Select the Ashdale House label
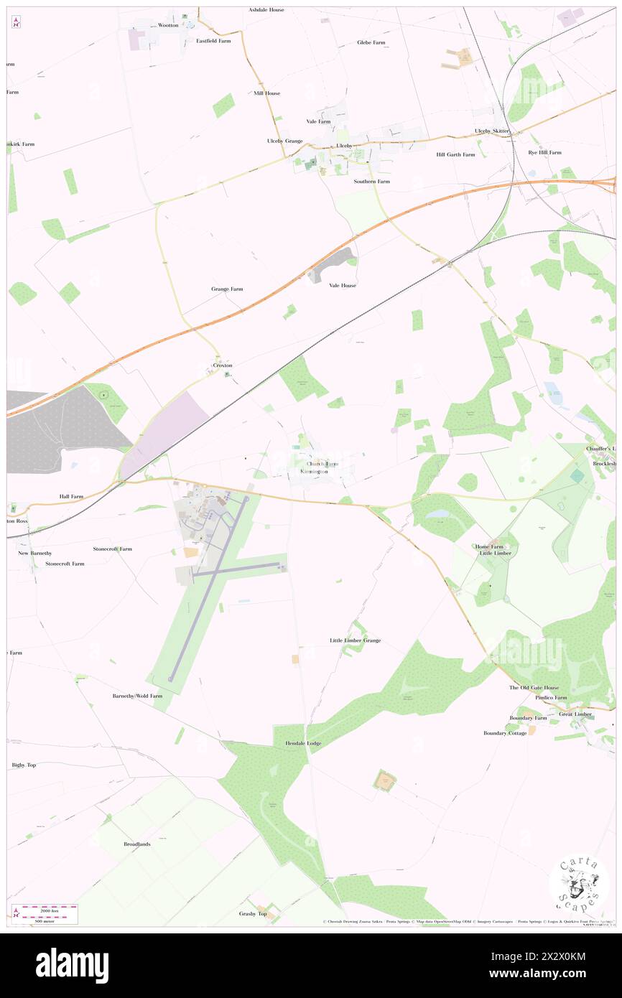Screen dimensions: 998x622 click(x=266, y=10)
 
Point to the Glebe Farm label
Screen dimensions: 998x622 click(x=371, y=42)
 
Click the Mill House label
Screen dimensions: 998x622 click(x=266, y=93)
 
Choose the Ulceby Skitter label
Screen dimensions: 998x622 click(x=492, y=131)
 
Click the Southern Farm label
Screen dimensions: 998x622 click(x=371, y=182)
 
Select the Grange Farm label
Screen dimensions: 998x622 click(x=227, y=289)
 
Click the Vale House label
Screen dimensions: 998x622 click(x=343, y=285)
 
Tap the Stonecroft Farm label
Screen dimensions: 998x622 click(x=112, y=549)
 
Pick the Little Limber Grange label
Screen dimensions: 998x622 click(x=355, y=640)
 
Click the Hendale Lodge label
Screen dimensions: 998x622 click(x=303, y=743)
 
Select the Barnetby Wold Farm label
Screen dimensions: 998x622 click(x=137, y=696)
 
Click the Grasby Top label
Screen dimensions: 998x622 click(x=253, y=913)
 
